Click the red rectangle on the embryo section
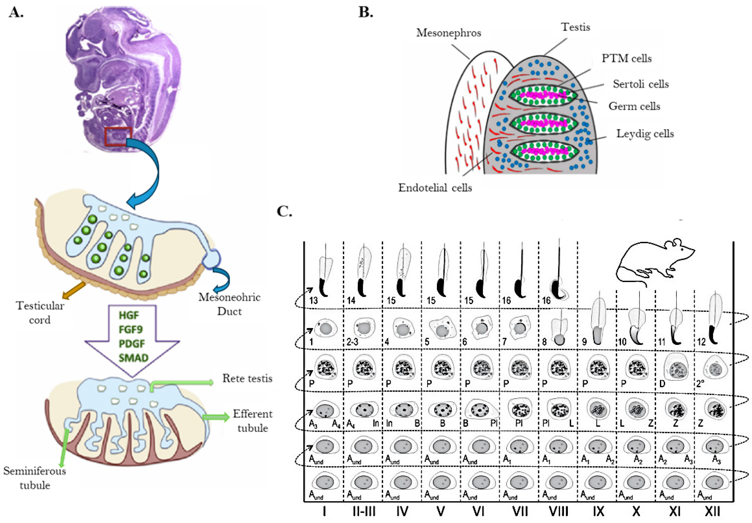[x=118, y=136]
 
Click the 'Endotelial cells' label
[x=435, y=188]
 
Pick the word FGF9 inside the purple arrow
[x=130, y=329]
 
